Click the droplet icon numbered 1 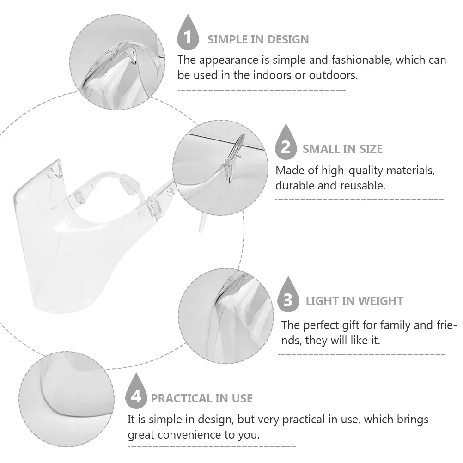point(187,33)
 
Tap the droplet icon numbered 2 point(286,143)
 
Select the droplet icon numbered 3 point(288,296)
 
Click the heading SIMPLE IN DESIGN point(258,39)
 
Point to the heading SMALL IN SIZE point(342,149)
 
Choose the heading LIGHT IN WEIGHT point(354,301)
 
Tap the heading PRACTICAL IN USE point(201,398)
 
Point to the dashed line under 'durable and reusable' point(359,200)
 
